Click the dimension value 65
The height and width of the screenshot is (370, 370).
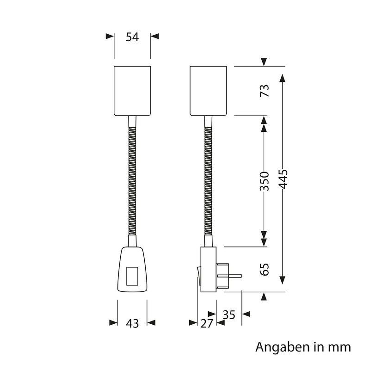264,270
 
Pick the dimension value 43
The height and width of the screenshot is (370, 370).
132,324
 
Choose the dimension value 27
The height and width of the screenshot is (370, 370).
207,324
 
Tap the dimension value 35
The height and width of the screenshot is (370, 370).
229,315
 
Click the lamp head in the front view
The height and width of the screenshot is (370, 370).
132,91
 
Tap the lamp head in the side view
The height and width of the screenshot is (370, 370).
209,91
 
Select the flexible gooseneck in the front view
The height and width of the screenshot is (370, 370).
132,180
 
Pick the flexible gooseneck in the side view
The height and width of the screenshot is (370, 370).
209,180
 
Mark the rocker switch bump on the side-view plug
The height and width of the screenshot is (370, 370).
198,274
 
